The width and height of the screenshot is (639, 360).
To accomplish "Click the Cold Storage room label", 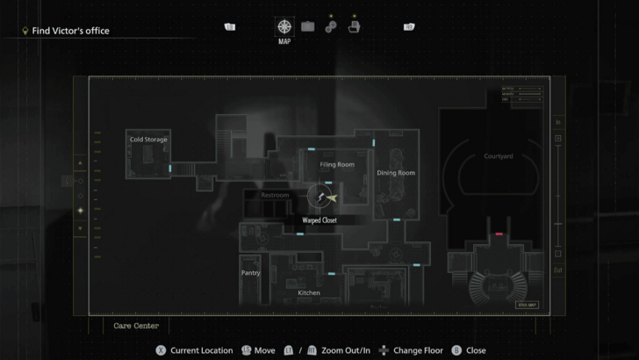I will [148, 140].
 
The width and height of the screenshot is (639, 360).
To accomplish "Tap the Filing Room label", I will [337, 164].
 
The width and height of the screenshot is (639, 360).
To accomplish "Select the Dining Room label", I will [396, 173].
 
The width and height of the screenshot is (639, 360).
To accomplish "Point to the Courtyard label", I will [498, 156].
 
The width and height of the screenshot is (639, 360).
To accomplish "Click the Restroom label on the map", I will [274, 195].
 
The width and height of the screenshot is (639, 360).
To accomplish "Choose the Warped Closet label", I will [319, 220].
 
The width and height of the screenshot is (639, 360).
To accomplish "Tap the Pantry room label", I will [251, 273].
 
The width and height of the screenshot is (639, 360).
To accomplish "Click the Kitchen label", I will [309, 292].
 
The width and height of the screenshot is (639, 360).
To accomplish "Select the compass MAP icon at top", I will [284, 26].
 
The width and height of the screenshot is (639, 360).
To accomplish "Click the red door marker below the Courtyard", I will [499, 234].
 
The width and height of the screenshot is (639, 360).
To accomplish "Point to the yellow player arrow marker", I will [331, 198].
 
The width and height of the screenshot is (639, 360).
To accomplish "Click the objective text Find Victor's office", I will [70, 31].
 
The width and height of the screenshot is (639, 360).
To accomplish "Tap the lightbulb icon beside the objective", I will [25, 31].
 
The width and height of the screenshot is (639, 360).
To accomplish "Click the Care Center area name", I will [136, 326].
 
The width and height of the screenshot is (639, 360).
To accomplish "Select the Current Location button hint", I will [194, 350].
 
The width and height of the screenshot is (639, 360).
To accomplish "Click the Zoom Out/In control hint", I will [334, 350].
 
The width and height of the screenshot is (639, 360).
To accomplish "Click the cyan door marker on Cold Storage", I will [170, 167].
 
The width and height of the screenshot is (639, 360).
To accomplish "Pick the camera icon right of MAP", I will [308, 26].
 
